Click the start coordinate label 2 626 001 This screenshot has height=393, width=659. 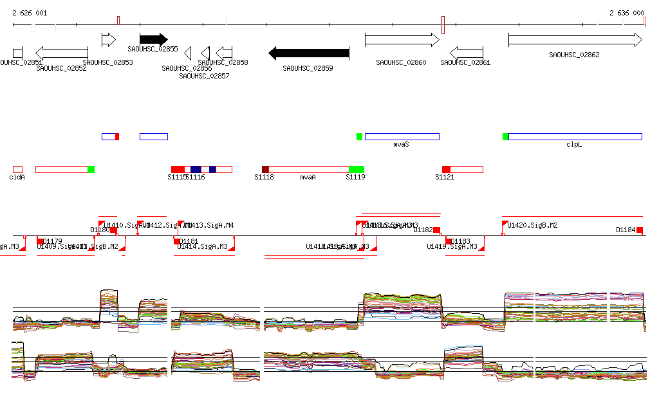(x=30, y=13)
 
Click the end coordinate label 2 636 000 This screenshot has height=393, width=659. (x=626, y=13)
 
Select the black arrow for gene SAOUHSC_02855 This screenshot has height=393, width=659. (x=153, y=39)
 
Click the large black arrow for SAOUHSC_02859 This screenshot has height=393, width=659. (x=308, y=53)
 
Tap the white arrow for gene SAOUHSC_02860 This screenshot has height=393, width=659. (x=402, y=39)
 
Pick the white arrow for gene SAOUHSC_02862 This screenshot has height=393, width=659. (x=575, y=40)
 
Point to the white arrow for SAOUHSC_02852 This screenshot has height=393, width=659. (x=61, y=53)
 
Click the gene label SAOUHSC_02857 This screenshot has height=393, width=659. (x=204, y=76)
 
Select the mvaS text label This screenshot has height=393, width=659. (x=402, y=145)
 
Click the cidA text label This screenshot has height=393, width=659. (x=17, y=177)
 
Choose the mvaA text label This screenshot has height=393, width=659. (x=308, y=177)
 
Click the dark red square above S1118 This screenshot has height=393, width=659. (x=265, y=169)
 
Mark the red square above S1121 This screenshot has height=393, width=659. (x=446, y=169)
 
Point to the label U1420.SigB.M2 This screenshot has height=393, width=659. (x=532, y=225)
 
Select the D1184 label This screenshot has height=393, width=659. (x=626, y=230)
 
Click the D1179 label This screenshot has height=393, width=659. (x=52, y=241)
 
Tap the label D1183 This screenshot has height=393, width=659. (x=460, y=241)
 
